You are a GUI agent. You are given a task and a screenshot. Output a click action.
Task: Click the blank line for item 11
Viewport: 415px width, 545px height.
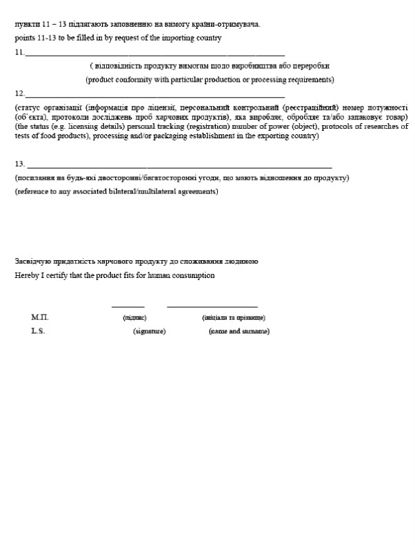(x=155, y=54)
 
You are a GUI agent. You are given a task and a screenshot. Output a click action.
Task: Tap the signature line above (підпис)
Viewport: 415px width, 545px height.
(x=128, y=306)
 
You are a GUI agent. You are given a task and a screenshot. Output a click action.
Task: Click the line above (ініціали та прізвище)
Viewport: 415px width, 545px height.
(x=212, y=306)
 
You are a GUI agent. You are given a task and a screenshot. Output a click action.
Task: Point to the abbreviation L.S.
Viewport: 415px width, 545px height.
(x=38, y=331)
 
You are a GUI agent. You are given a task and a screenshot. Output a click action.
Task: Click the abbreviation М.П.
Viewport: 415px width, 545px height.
(x=39, y=317)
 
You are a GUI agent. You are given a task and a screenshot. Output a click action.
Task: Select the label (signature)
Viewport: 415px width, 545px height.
(x=149, y=332)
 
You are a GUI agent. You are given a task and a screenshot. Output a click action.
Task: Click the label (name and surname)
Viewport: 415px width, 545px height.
(x=239, y=332)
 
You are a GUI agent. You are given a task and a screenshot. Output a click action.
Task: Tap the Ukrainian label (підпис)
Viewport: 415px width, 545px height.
(x=134, y=318)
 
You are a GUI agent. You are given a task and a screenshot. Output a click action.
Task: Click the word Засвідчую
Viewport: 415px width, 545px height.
(x=32, y=262)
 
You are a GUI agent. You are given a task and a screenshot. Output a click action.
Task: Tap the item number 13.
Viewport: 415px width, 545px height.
(x=19, y=164)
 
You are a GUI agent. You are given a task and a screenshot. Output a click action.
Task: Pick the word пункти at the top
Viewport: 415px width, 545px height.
(x=26, y=25)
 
